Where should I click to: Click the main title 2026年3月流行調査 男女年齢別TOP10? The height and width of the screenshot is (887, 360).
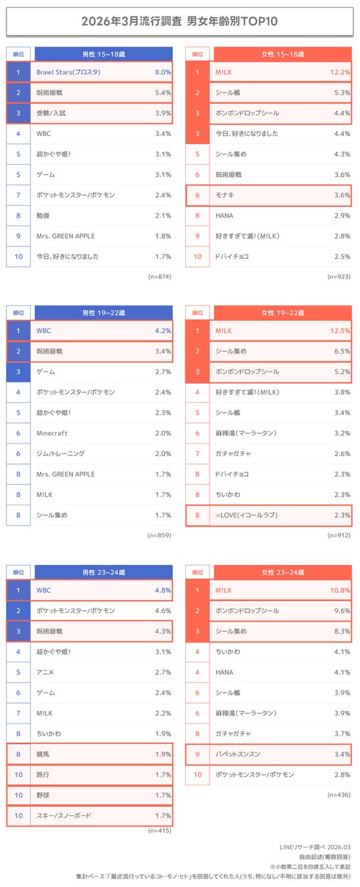(179, 22)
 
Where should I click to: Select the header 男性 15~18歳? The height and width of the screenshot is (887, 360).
(103, 54)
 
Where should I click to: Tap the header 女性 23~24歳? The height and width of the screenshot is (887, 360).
(283, 572)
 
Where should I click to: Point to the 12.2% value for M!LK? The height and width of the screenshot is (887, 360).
(340, 72)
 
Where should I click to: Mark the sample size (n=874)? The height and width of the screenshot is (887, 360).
(160, 277)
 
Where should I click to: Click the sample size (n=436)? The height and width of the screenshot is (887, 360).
(340, 794)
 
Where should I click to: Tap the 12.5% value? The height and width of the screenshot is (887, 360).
(340, 331)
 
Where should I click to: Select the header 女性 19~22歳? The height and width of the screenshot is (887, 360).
(283, 313)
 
